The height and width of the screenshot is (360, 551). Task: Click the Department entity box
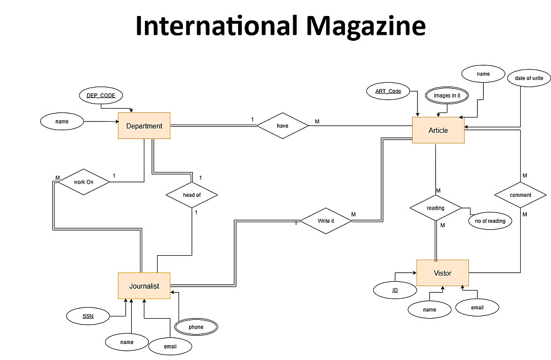pos(144,126)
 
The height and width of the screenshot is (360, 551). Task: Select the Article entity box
pos(438,130)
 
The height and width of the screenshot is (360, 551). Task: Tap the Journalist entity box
pos(144,286)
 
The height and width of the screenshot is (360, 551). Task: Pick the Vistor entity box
pos(442,273)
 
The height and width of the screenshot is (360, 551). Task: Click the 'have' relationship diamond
pos(283,126)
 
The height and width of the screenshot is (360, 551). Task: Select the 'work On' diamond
pos(83,182)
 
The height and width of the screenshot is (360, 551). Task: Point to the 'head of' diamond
pos(192,195)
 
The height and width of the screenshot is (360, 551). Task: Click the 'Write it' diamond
pos(326,221)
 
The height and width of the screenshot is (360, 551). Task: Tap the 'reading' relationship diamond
pos(435,208)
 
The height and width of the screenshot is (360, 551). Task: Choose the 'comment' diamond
pos(520,195)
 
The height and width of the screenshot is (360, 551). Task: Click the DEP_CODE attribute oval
pos(101,95)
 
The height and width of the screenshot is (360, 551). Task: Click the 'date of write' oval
pos(529,78)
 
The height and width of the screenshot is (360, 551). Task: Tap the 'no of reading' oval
pos(490,221)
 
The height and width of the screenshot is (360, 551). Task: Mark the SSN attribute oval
pos(88,316)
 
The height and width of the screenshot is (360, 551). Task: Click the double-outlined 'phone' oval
pos(196,327)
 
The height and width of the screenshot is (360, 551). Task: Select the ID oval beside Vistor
pos(395,290)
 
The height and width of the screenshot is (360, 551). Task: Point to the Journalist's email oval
pos(170,347)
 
